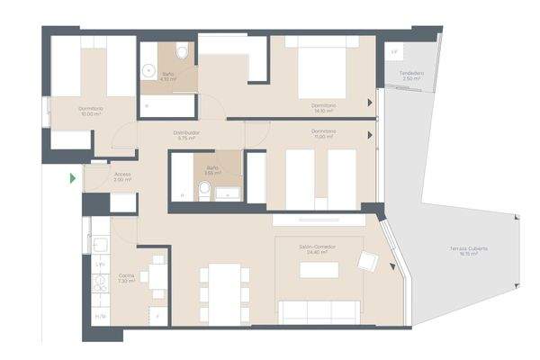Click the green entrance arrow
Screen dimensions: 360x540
click(73, 178)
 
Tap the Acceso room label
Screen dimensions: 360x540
click(123, 174)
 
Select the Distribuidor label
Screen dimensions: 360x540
click(187, 132)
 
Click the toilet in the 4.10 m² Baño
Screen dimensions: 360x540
click(183, 53)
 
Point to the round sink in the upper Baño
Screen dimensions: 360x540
click(148, 67)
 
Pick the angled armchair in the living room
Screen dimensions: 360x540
click(368, 261)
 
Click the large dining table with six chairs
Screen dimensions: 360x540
click(220, 292)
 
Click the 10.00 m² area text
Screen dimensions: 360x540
click(90, 114)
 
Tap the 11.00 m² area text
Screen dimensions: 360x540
click(323, 138)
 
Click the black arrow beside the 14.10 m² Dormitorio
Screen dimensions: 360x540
click(371, 104)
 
